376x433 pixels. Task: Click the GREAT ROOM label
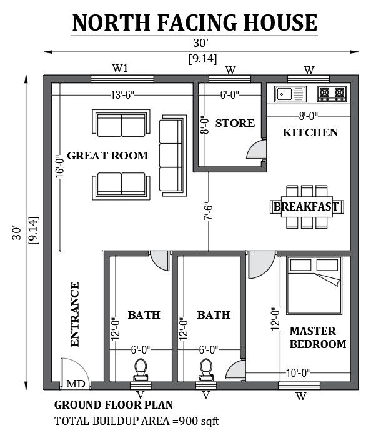108,156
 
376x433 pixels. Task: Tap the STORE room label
235,123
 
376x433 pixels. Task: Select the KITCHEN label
310,132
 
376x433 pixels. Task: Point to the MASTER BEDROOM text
317,337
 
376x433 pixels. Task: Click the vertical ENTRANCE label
75,314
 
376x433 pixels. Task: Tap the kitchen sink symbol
290,94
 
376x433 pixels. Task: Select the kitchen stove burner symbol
332,94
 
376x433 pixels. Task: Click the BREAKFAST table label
306,207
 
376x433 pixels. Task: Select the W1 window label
120,68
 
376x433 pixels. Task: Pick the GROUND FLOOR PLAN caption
114,405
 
